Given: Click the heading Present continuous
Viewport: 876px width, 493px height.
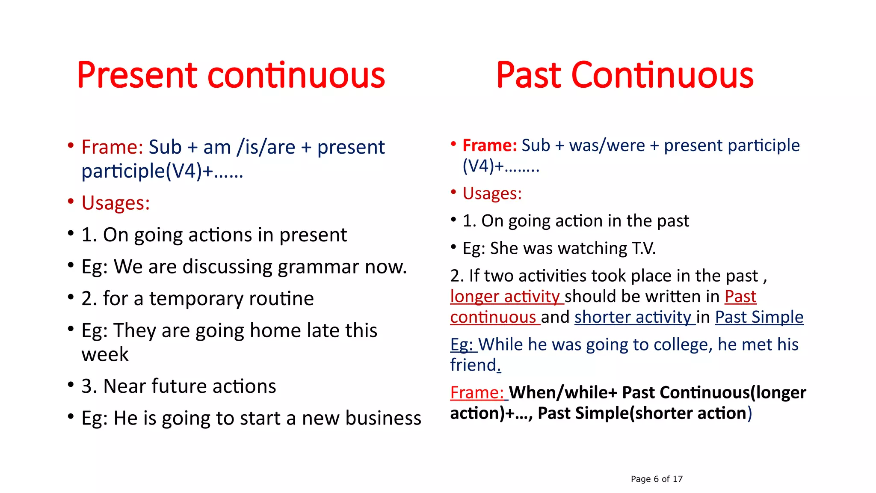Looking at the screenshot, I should pos(231,76).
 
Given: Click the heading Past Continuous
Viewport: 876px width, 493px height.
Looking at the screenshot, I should pos(624,76).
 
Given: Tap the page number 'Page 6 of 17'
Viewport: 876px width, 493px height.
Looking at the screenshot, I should pos(657,479).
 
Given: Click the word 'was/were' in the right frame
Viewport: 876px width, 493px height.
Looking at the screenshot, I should pos(607,146).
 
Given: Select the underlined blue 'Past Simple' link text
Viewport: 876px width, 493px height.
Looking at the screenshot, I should pos(759,317).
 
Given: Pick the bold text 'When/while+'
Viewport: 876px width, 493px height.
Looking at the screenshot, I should pos(563,392).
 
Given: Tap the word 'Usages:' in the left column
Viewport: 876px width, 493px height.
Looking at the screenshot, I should pos(115,203).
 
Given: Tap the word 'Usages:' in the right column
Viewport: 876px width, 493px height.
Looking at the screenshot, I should pos(492,193).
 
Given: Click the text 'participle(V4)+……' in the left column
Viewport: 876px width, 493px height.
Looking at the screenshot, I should pos(162,171).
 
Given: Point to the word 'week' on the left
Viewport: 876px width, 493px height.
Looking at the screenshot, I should pos(105,354).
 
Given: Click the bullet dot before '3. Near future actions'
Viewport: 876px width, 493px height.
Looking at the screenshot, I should pos(71,384).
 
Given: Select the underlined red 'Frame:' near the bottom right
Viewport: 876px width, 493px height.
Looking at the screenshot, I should pos(477,392).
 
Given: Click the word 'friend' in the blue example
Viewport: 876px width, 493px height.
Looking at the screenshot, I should pos(473,365).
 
